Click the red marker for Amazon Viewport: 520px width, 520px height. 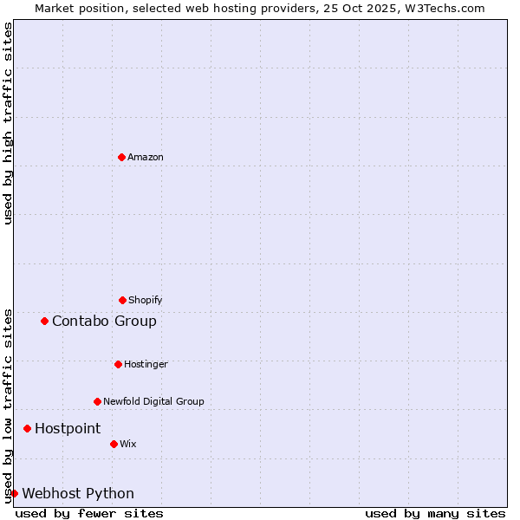point(122,157)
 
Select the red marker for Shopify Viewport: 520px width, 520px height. point(122,300)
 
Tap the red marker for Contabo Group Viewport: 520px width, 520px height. point(44,321)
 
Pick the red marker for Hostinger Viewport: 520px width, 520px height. point(118,364)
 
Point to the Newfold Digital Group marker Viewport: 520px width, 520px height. point(97,401)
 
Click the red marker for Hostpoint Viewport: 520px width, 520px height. point(27,428)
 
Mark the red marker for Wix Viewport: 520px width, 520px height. point(114,444)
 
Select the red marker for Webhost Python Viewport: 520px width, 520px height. point(14,493)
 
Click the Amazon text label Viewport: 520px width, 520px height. point(146,158)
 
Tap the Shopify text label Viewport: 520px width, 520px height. point(146,301)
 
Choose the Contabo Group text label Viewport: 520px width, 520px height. point(104,322)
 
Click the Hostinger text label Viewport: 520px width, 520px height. point(146,365)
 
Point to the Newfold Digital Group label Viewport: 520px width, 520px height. point(153,402)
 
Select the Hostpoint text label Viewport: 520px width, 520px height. point(68,429)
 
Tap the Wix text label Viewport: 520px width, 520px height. point(128,445)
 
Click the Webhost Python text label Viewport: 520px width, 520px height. point(78,494)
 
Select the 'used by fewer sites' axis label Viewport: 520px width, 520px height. point(89,513)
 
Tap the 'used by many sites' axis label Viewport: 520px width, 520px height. point(435,513)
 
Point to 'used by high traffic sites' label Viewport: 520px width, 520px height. point(8,123)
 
